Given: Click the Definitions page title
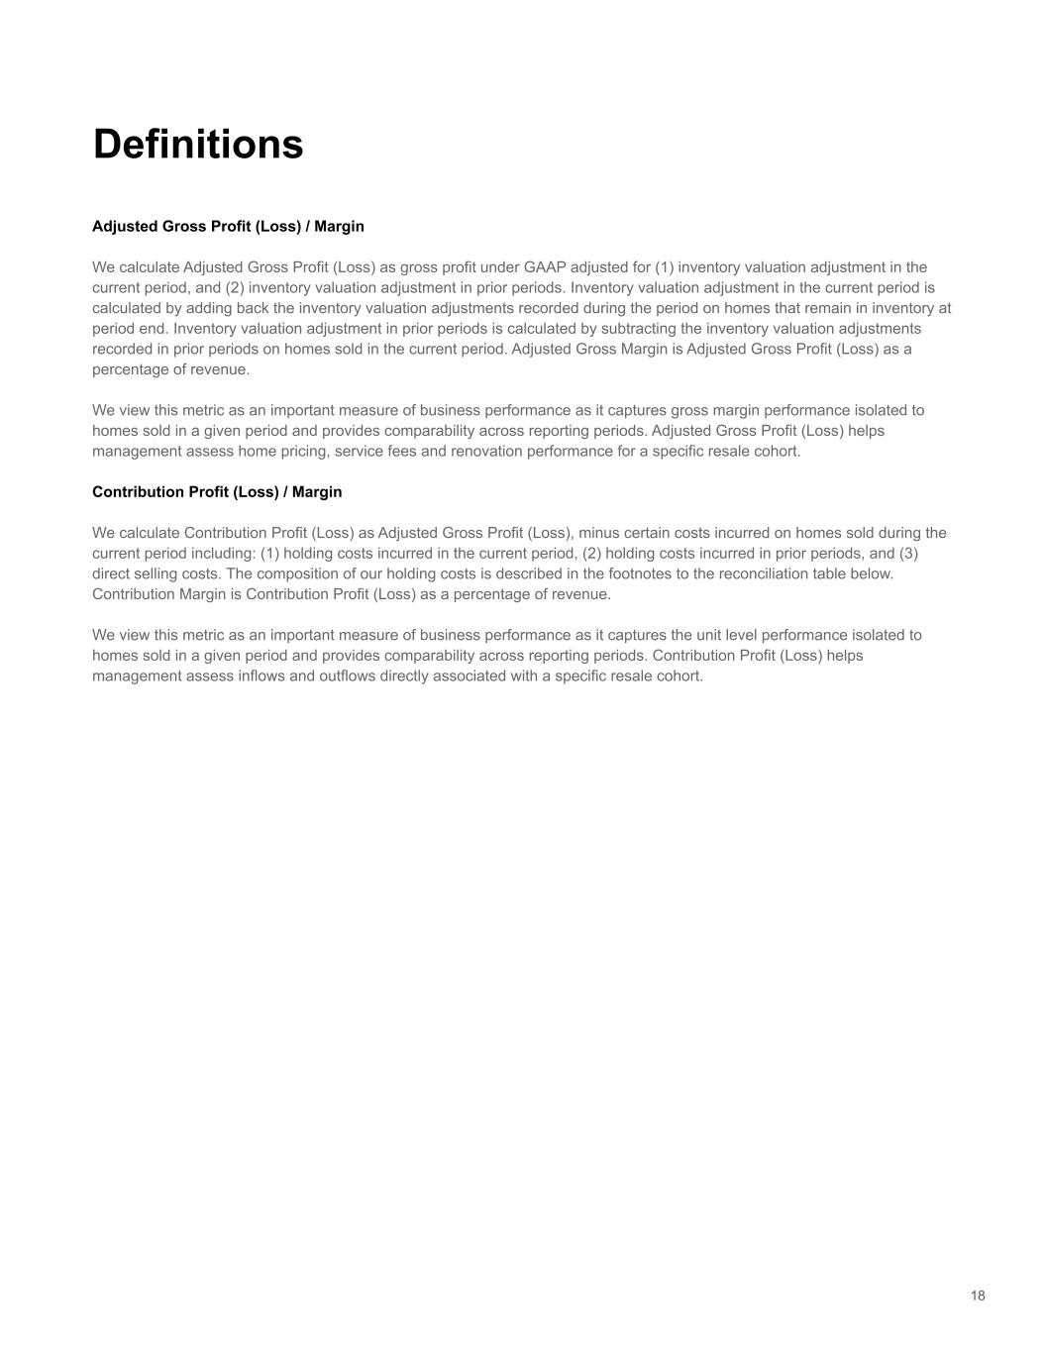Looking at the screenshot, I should pos(198,144).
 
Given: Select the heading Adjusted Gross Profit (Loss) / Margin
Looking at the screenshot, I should pos(228,226).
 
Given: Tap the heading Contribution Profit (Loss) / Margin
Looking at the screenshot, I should pos(217,491).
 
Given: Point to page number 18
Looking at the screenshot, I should pos(978,1296).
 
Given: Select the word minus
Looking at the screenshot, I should pos(598,533).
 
